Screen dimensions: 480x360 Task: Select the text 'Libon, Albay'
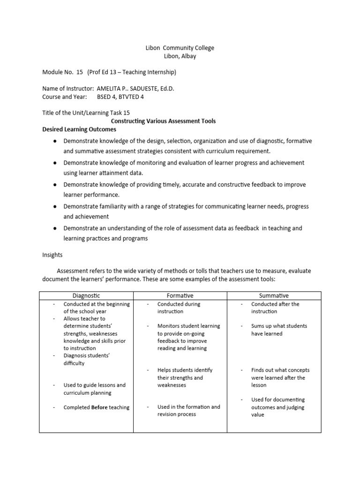[x=180, y=56]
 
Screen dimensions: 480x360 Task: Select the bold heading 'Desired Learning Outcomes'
[x=79, y=129]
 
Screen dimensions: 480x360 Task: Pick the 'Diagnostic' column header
[x=86, y=296]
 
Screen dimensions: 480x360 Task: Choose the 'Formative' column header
[x=180, y=296]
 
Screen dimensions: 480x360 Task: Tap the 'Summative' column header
[x=274, y=296]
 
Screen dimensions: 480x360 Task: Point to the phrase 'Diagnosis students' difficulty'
[x=87, y=360]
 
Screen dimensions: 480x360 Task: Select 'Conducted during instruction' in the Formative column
[x=179, y=307]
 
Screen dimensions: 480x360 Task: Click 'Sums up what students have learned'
[x=274, y=330]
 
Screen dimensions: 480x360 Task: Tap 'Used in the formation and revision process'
[x=188, y=411]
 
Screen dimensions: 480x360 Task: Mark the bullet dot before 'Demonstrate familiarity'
[x=55, y=206]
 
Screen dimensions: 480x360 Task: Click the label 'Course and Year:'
[x=65, y=97]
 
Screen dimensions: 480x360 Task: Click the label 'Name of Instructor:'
[x=68, y=89]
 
